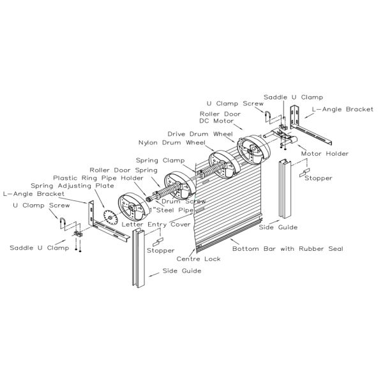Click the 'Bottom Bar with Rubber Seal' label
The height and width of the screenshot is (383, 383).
288,249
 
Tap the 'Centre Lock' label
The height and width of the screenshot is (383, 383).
199,259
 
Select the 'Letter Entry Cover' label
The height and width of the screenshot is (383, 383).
156,225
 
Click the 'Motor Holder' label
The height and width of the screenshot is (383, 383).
325,154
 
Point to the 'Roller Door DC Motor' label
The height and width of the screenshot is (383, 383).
220,117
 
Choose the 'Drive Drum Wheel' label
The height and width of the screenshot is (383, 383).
200,134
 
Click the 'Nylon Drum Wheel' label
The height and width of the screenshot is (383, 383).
172,142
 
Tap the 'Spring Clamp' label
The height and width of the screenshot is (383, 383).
160,160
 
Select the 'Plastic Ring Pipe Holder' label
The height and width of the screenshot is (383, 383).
98,178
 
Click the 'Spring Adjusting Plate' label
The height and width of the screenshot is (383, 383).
72,186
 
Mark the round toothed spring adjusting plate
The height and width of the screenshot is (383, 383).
110,217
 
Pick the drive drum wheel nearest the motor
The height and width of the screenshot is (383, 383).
253,150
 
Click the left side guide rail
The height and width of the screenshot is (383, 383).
139,258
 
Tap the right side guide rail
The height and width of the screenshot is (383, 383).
285,189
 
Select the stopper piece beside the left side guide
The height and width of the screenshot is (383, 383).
158,242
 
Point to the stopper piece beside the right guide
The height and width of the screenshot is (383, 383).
304,172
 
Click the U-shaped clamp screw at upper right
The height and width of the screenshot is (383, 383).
267,117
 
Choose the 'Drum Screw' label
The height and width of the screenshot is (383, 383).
184,202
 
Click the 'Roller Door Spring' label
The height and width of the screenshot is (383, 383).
123,170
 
